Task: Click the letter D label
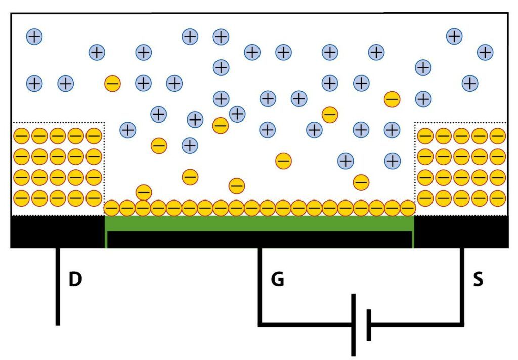[x=75, y=279]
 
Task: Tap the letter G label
[x=277, y=279]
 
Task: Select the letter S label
[x=478, y=279]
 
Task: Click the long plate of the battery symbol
[x=354, y=325]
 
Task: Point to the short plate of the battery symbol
[x=369, y=325]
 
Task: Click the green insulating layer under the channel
[x=259, y=223]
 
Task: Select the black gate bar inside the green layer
[x=259, y=239]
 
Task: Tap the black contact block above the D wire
[x=57, y=231]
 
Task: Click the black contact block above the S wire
[x=461, y=231]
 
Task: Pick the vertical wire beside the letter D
[x=58, y=286]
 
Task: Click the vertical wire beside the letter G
[x=260, y=286]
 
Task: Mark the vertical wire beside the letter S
[x=462, y=286]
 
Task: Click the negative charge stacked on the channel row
[x=144, y=192]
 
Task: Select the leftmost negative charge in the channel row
[x=112, y=208]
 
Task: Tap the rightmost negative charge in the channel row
[x=408, y=208]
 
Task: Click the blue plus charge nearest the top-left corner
[x=34, y=36]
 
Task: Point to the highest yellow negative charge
[x=112, y=83]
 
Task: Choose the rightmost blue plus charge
[x=485, y=52]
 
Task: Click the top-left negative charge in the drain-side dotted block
[x=21, y=136]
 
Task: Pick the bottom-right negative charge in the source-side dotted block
[x=498, y=197]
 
